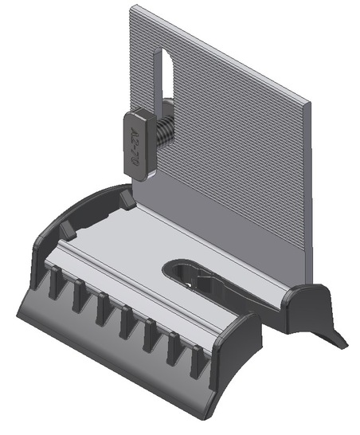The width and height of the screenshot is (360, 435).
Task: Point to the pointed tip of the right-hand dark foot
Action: [343, 345]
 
